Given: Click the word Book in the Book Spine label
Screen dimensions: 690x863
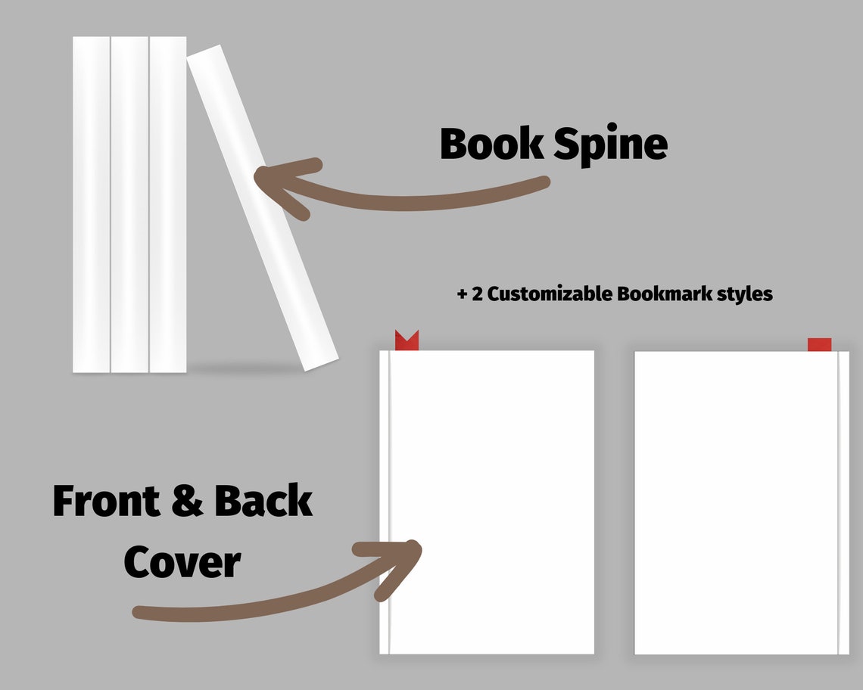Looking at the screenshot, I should click(492, 144).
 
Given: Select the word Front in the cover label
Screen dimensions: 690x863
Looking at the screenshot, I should click(107, 501).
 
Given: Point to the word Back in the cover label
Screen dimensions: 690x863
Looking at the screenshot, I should click(263, 501).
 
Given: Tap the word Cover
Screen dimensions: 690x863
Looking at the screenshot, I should click(182, 563).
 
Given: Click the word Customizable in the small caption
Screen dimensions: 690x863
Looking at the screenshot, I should click(550, 294).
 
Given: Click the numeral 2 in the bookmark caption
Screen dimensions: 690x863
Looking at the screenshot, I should click(477, 294).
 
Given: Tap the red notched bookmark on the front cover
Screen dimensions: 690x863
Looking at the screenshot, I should click(407, 341).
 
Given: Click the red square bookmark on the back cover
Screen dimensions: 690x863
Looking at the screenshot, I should click(819, 345).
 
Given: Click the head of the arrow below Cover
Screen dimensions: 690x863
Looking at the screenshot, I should click(405, 556).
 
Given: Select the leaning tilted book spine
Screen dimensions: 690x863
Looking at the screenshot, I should click(261, 208).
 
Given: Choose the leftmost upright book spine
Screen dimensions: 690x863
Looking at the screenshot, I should click(92, 204).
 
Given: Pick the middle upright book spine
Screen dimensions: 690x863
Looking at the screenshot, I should click(129, 204).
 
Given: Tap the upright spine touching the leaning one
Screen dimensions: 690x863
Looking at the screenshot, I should click(167, 204).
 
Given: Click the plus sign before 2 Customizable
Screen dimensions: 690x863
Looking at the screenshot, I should click(462, 294).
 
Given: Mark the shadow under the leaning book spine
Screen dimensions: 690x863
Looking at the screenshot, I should click(242, 368).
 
